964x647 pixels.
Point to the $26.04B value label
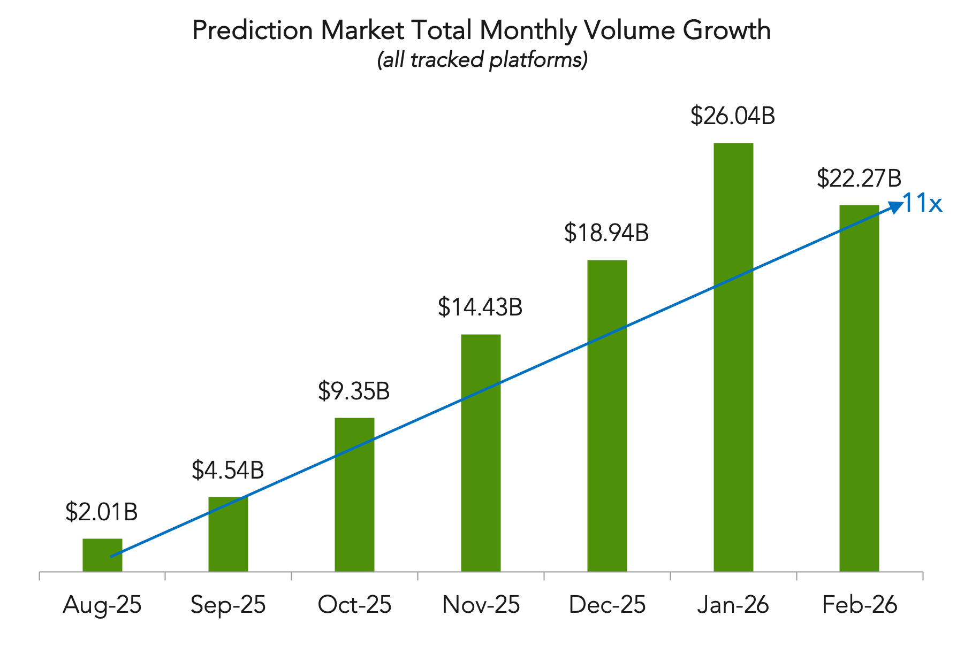tap(733, 115)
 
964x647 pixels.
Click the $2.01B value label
tap(102, 512)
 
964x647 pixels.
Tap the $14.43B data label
tap(480, 307)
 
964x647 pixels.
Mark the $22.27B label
tap(859, 178)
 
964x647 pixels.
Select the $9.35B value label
tap(354, 391)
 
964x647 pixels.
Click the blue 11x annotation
tap(922, 203)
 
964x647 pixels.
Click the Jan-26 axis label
tap(733, 605)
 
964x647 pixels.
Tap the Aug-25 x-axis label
tap(102, 605)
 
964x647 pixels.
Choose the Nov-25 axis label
tap(481, 605)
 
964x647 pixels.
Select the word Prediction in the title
tap(252, 30)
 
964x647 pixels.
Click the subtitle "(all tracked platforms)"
tap(482, 59)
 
